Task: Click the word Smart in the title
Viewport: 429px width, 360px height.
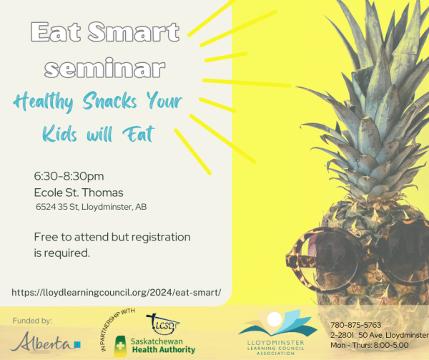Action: [134, 32]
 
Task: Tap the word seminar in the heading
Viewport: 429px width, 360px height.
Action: [105, 67]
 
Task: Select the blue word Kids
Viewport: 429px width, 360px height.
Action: [59, 134]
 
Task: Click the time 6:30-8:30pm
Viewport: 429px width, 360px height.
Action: [69, 176]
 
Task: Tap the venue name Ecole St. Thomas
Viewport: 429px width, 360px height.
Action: [79, 193]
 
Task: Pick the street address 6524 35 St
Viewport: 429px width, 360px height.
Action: [57, 207]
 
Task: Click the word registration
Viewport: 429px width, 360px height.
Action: [161, 238]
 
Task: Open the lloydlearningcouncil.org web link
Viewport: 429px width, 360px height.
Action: [117, 293]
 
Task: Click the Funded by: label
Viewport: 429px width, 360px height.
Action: [32, 321]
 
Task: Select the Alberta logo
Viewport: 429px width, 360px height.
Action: [46, 342]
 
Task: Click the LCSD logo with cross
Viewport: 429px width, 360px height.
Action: [163, 324]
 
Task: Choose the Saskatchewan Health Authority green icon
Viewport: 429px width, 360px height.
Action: [120, 346]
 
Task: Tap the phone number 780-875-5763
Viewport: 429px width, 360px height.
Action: [355, 325]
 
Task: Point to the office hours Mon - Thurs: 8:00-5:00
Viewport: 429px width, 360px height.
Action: [370, 345]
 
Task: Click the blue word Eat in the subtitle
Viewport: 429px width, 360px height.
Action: [139, 134]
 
